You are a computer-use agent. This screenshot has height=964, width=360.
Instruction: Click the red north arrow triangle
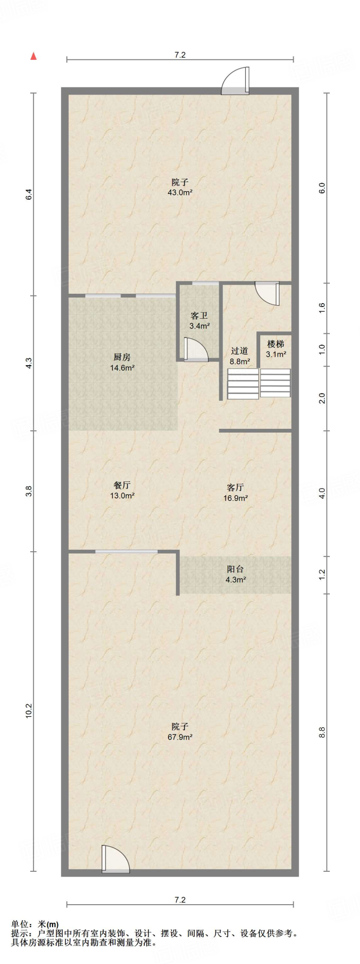(x=33, y=56)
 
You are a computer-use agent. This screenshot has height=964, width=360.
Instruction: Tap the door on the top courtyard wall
(x=236, y=81)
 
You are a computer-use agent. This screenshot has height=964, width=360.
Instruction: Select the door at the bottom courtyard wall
(x=115, y=859)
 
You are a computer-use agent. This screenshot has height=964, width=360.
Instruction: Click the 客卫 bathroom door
(x=196, y=350)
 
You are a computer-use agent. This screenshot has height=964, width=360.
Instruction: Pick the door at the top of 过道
(x=267, y=293)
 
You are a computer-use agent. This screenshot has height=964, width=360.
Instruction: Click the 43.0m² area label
(x=180, y=193)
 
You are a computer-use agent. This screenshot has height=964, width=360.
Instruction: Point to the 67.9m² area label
(x=180, y=737)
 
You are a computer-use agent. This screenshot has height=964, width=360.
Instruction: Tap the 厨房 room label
(x=122, y=357)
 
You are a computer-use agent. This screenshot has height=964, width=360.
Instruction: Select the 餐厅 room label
(x=122, y=485)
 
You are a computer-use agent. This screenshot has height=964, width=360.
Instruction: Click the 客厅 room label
(x=235, y=488)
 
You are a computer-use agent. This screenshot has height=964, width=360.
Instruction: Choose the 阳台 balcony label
(x=235, y=569)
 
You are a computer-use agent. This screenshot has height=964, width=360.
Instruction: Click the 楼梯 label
(x=276, y=344)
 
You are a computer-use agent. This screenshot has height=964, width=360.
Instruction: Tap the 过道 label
(x=240, y=351)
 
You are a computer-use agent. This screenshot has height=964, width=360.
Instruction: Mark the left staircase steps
(x=243, y=384)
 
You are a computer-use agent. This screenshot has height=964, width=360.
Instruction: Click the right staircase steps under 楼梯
(x=275, y=383)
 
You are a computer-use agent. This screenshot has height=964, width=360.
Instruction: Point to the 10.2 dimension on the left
(x=29, y=710)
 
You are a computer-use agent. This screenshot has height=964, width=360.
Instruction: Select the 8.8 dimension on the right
(x=322, y=732)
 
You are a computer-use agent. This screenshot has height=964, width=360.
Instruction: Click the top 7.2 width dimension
(x=180, y=55)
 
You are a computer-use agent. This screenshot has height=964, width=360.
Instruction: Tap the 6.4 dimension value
(x=29, y=194)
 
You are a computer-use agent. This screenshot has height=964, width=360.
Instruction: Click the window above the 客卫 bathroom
(x=206, y=283)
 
